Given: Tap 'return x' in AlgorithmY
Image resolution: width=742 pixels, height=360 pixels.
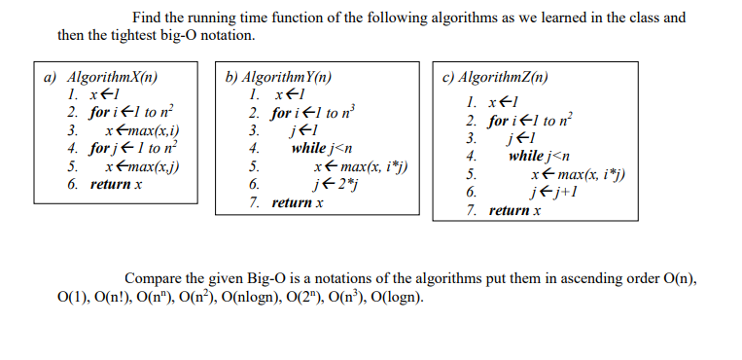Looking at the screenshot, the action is click(297, 203).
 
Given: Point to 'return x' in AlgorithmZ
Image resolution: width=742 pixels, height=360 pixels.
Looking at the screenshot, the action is click(514, 210).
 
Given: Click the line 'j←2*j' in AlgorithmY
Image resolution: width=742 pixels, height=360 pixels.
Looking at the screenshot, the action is click(331, 185).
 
